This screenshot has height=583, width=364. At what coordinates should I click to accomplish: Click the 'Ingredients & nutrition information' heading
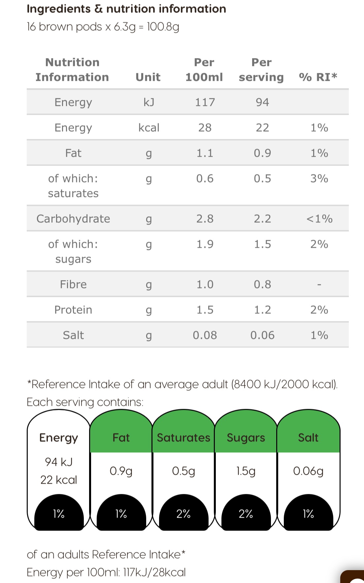(126, 9)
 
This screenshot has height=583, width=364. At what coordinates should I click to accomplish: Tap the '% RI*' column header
(318, 77)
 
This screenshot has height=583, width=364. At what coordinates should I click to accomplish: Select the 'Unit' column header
(148, 77)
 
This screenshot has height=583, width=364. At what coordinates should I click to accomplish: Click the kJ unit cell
(149, 102)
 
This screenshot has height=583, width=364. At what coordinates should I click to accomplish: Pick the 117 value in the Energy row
(205, 102)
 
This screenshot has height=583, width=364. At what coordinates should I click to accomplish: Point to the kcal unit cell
(149, 128)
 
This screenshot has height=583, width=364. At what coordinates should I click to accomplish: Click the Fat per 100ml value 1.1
(205, 153)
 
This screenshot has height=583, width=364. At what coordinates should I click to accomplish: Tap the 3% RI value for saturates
(319, 178)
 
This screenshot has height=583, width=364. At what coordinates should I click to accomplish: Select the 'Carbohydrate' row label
(73, 219)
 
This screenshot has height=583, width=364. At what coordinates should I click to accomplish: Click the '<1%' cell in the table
(319, 219)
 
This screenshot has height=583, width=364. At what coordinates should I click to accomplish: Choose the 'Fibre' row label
(73, 284)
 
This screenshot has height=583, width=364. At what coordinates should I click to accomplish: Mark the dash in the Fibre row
(319, 284)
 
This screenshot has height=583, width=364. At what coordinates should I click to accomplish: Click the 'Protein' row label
(73, 310)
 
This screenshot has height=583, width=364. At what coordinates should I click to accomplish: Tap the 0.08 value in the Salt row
(205, 335)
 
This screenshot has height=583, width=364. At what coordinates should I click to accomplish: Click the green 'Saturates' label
(183, 437)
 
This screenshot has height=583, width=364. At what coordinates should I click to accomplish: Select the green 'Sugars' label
(246, 437)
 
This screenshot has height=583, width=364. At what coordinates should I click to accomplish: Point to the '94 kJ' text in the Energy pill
(59, 462)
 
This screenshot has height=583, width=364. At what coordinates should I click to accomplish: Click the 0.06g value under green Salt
(308, 471)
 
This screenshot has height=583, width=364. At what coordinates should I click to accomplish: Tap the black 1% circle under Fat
(121, 514)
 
